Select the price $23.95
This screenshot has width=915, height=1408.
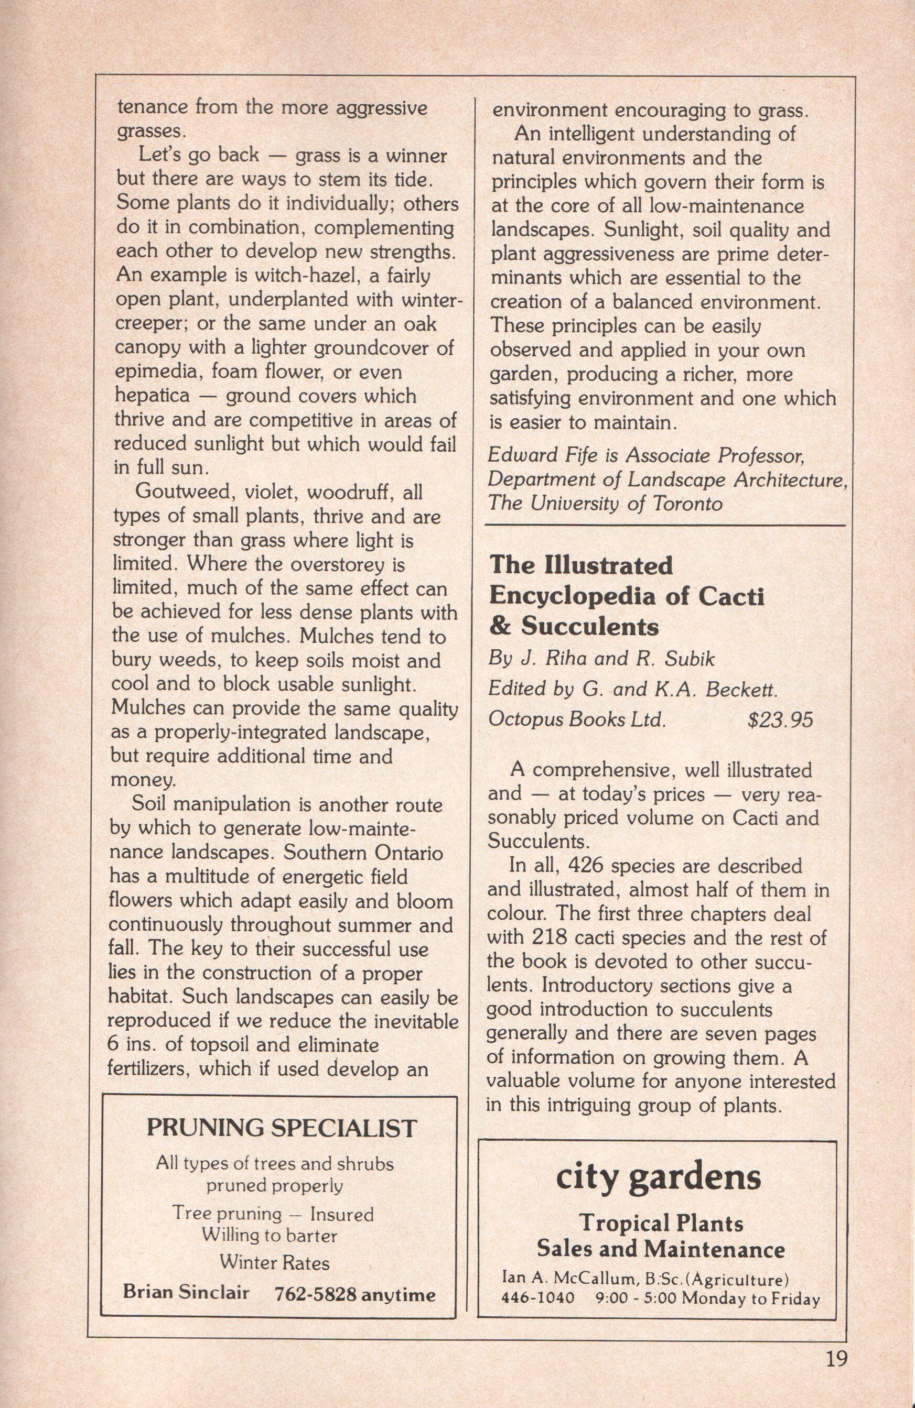(780, 719)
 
